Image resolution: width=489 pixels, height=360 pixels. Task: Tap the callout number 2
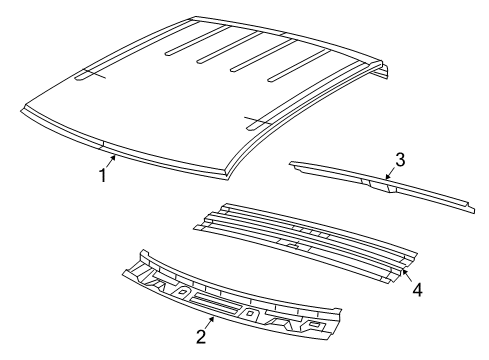click(x=201, y=337)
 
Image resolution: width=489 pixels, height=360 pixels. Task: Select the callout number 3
click(x=399, y=159)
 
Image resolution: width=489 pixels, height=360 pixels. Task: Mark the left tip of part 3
click(x=291, y=162)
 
